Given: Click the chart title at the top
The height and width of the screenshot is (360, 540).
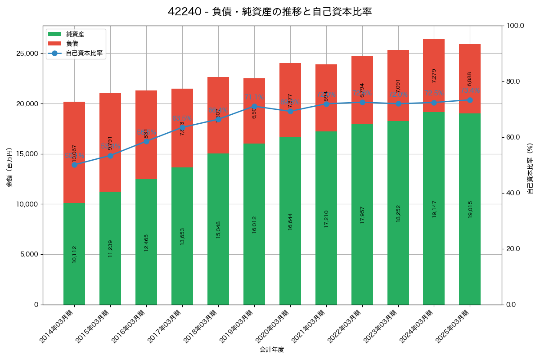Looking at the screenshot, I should tap(270, 12).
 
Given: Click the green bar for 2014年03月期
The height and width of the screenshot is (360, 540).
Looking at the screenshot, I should tap(74, 254).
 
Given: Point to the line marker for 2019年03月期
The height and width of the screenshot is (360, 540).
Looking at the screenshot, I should tap(254, 107).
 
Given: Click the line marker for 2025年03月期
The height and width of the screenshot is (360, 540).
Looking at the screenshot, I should tap(470, 100).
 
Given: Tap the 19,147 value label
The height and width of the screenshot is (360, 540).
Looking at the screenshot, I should tap(434, 209).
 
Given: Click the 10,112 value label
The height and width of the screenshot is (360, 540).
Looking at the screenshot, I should tap(74, 254).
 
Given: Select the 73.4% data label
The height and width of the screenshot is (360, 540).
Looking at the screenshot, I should tap(470, 91).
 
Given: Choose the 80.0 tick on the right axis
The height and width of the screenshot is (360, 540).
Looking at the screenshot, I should tap(512, 81).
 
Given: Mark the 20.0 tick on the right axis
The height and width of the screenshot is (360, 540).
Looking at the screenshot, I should tap(512, 249).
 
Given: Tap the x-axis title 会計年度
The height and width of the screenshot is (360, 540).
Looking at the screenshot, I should tap(272, 350).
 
